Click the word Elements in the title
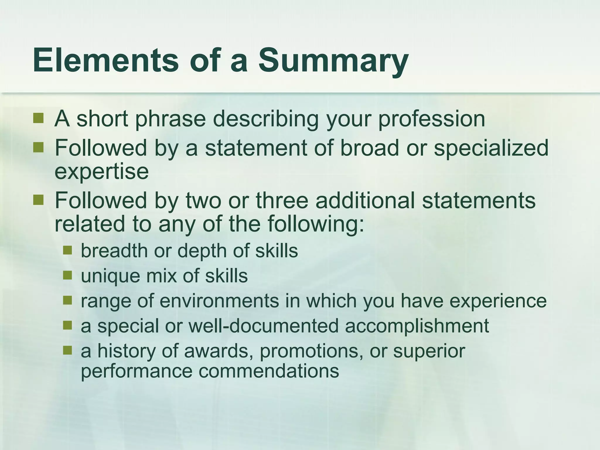[x=106, y=61]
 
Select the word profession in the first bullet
[x=432, y=119]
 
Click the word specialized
[x=491, y=148]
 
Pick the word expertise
[x=102, y=171]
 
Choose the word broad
[x=369, y=148]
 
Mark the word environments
[x=219, y=301]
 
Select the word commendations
[x=269, y=371]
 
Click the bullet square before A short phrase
[x=38, y=118]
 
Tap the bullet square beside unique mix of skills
[x=67, y=275]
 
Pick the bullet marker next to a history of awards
[x=67, y=350]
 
